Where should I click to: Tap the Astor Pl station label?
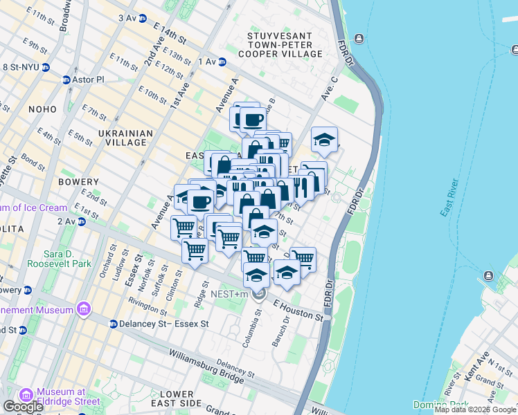click(x=89, y=80)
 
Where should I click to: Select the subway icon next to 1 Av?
click(x=222, y=62)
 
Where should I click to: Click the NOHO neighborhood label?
click(x=42, y=109)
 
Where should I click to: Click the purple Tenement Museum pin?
click(x=84, y=307)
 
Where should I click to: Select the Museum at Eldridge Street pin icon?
click(x=27, y=395)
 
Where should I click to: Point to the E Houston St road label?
click(x=298, y=311)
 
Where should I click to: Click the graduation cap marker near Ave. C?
click(x=324, y=140)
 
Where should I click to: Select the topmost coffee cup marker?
click(x=251, y=119)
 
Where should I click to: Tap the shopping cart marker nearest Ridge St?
click(x=195, y=250)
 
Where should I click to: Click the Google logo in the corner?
click(x=22, y=407)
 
